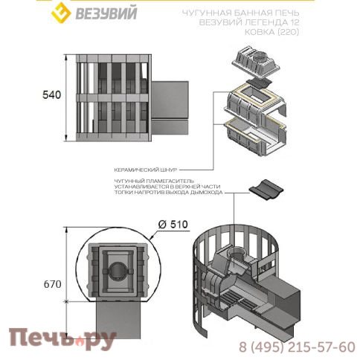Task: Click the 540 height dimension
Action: pyautogui.click(x=51, y=94)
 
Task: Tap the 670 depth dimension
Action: pyautogui.click(x=51, y=283)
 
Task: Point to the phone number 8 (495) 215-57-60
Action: pyautogui.click(x=298, y=347)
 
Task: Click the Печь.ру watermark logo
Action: pyautogui.click(x=62, y=341)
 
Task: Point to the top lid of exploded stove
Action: pyautogui.click(x=260, y=57)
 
